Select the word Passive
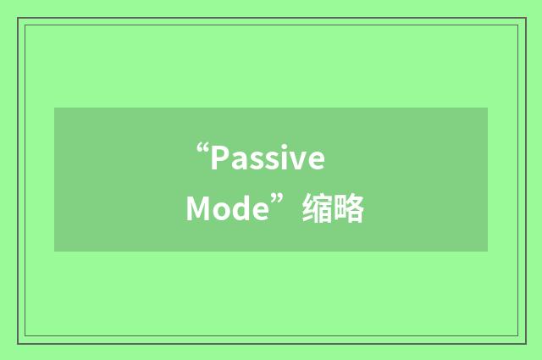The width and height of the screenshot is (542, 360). [268, 158]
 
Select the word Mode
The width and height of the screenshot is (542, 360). [226, 208]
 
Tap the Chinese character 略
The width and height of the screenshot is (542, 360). [350, 208]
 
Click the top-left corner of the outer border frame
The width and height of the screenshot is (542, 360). [18, 18]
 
